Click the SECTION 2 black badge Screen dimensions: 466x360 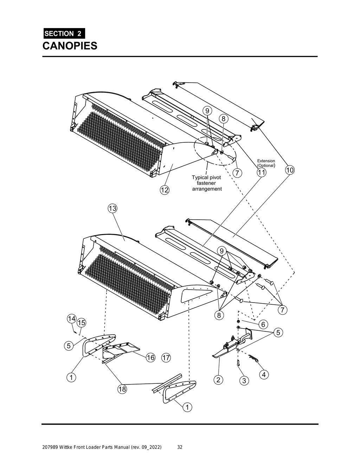pyautogui.click(x=64, y=34)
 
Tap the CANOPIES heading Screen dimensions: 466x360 pyautogui.click(x=70, y=46)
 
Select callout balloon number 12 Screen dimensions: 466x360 pyautogui.click(x=164, y=190)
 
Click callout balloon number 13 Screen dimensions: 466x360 pyautogui.click(x=112, y=208)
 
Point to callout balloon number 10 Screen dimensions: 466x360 pyautogui.click(x=290, y=170)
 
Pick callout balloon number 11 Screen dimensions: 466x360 pyautogui.click(x=261, y=172)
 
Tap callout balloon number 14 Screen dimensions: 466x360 pyautogui.click(x=71, y=318)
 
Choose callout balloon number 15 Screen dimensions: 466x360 pyautogui.click(x=81, y=322)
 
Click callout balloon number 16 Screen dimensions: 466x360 pyautogui.click(x=150, y=358)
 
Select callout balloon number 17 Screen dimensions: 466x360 pyautogui.click(x=166, y=358)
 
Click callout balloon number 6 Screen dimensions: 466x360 pyautogui.click(x=263, y=324)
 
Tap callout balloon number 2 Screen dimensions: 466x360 pyautogui.click(x=218, y=380)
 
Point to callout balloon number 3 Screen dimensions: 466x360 pyautogui.click(x=244, y=381)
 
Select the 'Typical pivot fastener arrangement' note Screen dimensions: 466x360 pyautogui.click(x=207, y=183)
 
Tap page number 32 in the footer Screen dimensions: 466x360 pyautogui.click(x=180, y=447)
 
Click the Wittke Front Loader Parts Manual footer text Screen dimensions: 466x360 pyautogui.click(x=102, y=447)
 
